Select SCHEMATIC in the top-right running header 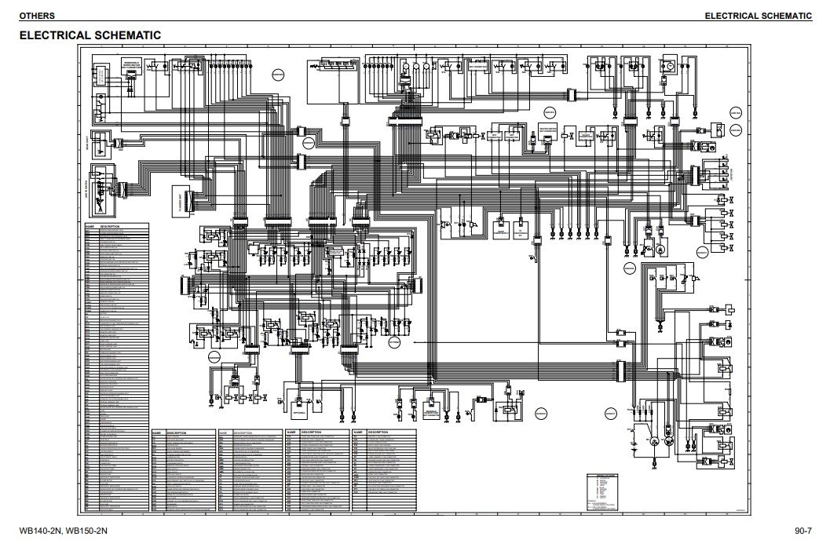coord(785,16)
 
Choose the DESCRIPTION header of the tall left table coord(112,224)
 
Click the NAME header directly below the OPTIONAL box coord(291,432)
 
